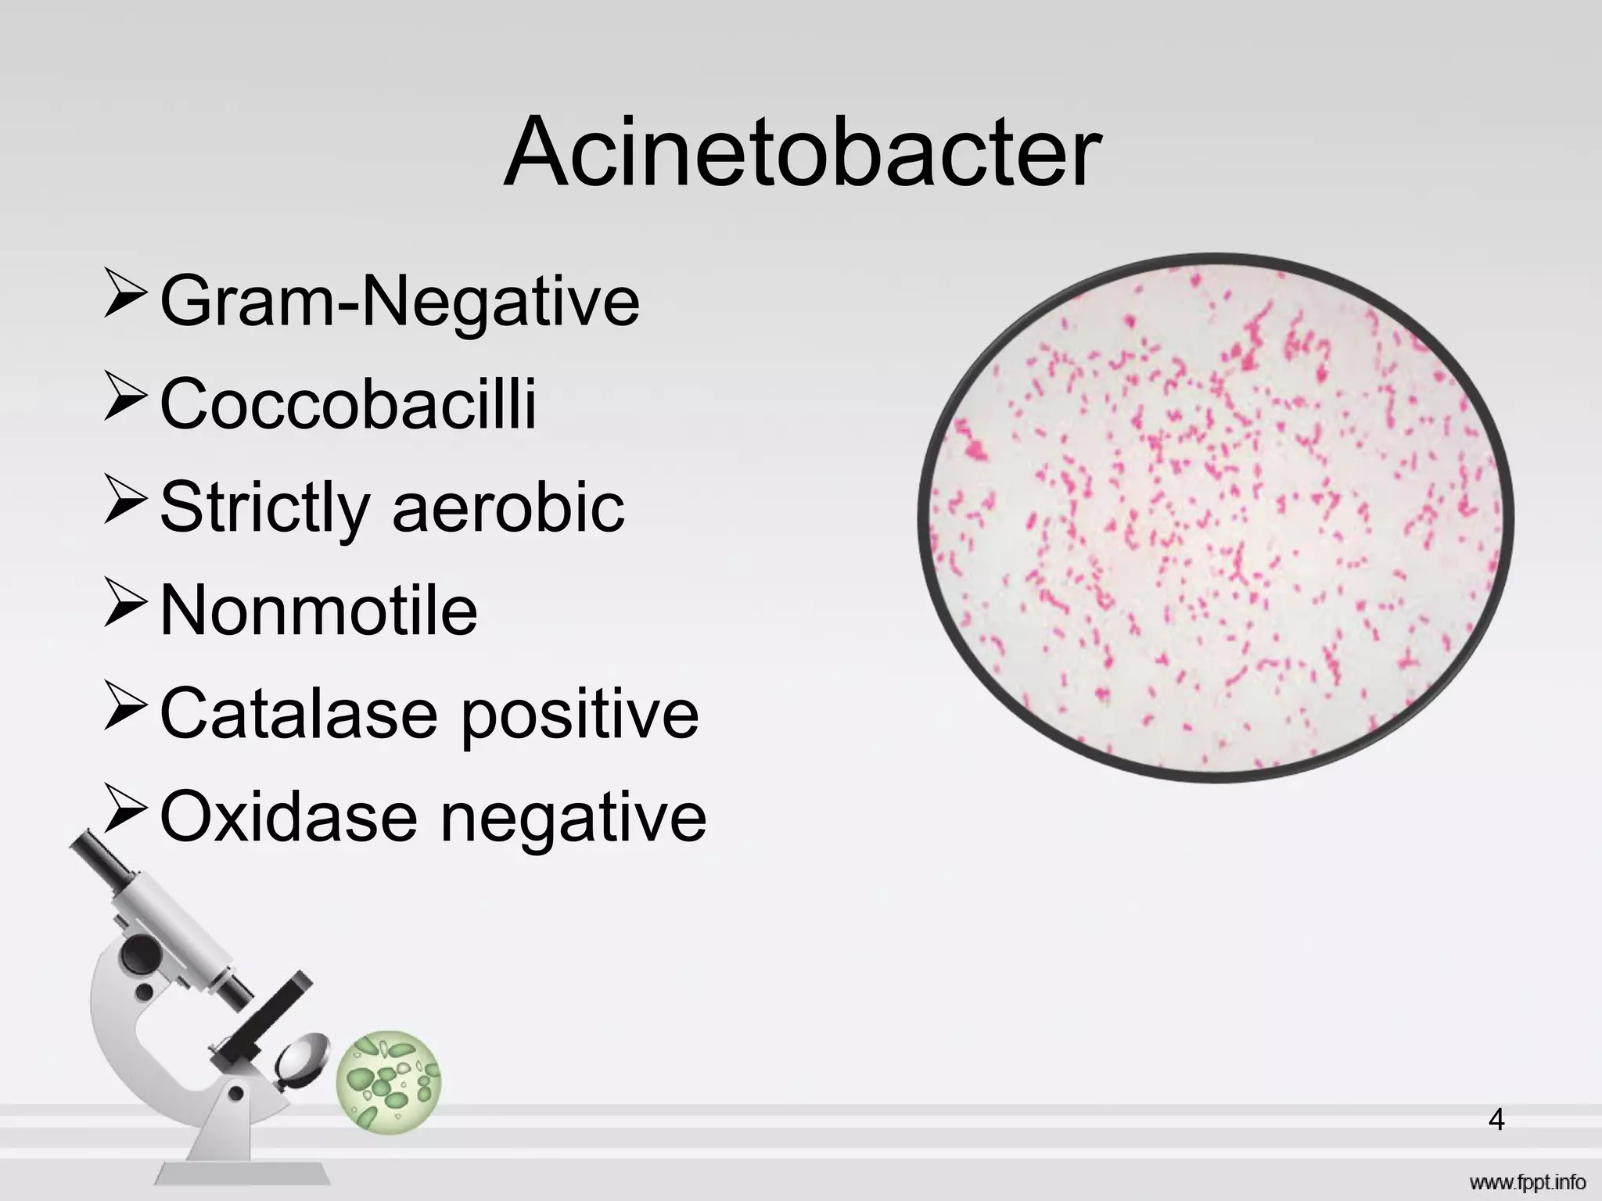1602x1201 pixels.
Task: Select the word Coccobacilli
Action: (x=348, y=403)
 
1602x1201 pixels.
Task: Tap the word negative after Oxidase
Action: (x=573, y=818)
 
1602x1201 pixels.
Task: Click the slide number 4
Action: (x=1496, y=1120)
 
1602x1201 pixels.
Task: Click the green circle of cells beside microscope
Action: (x=389, y=1081)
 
